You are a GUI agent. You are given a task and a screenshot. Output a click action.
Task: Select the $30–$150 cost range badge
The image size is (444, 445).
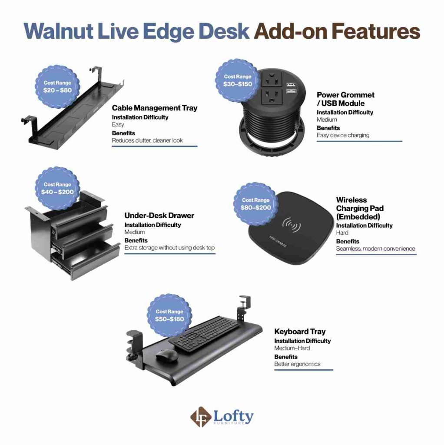click(238, 80)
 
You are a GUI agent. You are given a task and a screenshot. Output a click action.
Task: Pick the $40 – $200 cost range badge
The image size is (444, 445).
click(57, 188)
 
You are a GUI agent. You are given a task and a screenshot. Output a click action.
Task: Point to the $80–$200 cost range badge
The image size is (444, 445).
click(255, 204)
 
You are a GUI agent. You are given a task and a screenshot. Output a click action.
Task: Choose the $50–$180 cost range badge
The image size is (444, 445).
click(169, 315)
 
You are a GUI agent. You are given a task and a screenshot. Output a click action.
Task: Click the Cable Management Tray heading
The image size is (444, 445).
click(154, 108)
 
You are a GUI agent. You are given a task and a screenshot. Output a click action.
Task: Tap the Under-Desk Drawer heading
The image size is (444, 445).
click(159, 216)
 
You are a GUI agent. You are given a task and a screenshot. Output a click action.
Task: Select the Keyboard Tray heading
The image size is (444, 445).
click(300, 332)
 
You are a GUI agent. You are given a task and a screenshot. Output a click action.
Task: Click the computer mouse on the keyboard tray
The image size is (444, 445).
click(167, 355)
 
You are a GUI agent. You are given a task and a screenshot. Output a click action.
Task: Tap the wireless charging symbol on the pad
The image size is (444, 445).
click(292, 225)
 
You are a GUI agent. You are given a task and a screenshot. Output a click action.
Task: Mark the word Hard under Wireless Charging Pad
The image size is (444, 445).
click(342, 233)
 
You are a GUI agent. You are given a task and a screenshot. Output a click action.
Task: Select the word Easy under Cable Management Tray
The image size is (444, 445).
click(118, 125)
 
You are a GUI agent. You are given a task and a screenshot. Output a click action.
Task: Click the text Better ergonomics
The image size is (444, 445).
click(297, 364)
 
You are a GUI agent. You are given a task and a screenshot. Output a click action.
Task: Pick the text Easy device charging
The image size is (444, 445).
click(343, 135)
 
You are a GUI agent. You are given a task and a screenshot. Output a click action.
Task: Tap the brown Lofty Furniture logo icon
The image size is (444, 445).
click(201, 417)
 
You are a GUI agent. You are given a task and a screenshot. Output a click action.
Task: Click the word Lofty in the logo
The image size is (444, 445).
click(233, 416)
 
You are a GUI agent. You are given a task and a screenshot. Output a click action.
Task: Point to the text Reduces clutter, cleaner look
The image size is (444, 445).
click(147, 140)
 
